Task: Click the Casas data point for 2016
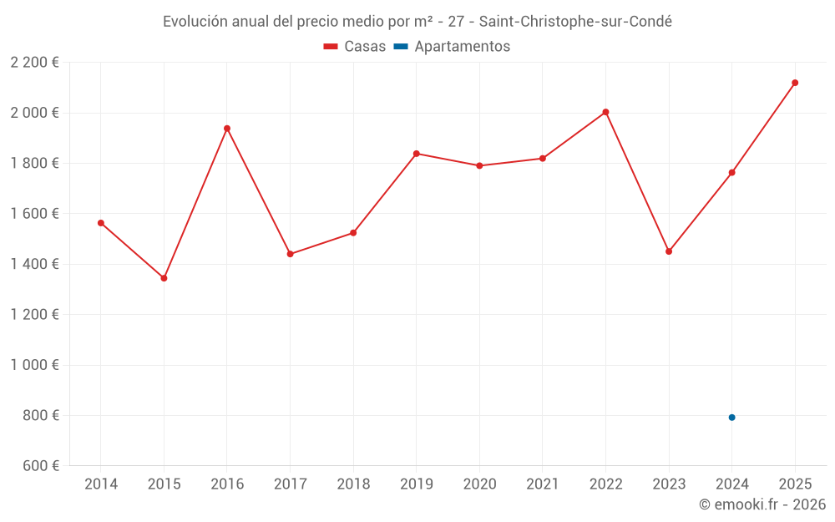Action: [x=227, y=129]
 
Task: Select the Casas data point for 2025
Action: [x=795, y=83]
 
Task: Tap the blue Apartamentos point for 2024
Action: [x=731, y=418]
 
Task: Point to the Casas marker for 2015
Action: [x=164, y=278]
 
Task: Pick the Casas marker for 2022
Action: [x=605, y=112]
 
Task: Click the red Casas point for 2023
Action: [x=669, y=251]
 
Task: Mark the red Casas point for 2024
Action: [x=731, y=173]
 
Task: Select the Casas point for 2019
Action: [x=416, y=154]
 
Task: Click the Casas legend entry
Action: [x=355, y=47]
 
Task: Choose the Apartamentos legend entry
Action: [x=452, y=47]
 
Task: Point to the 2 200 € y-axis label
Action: [x=34, y=63]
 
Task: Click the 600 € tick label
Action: [x=40, y=466]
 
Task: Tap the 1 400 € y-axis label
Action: [x=34, y=264]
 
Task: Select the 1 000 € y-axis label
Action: [x=34, y=365]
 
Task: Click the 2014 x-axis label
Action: [x=101, y=484]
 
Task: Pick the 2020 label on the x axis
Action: [x=479, y=484]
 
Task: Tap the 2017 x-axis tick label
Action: [x=290, y=484]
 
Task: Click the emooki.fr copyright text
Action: [x=762, y=504]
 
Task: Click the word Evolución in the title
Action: [x=193, y=22]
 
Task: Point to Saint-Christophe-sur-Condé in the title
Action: [x=574, y=22]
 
